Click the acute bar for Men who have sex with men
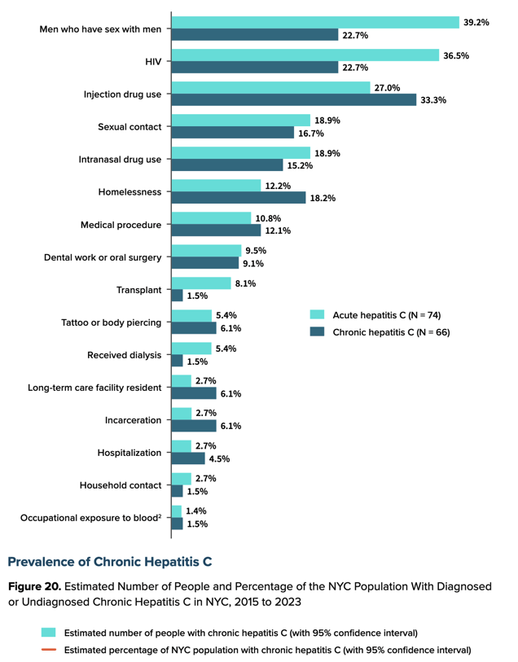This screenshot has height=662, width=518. point(315,22)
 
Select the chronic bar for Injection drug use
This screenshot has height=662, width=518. point(294,99)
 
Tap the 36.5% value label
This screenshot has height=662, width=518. point(456,55)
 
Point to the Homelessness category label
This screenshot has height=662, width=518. point(129,192)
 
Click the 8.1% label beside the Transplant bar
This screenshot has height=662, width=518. point(245,283)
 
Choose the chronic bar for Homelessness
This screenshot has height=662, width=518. point(239,198)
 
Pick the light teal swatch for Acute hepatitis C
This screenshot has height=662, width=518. point(317,314)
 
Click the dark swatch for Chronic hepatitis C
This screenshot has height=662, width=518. point(317,331)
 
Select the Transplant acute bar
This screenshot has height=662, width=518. point(201,283)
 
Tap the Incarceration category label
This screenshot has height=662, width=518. point(133,420)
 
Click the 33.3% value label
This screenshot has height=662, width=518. point(433,100)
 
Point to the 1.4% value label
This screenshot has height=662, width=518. point(196,511)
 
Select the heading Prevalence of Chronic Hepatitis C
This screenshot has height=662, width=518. point(110,562)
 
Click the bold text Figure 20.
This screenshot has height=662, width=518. point(35,587)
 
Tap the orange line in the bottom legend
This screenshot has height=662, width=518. point(49,649)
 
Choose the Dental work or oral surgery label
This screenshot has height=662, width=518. point(103,257)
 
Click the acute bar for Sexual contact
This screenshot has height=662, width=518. point(241,121)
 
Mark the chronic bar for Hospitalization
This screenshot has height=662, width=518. point(188,458)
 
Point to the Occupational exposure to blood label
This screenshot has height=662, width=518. point(90,518)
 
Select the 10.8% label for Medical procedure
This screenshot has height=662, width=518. point(268,219)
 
